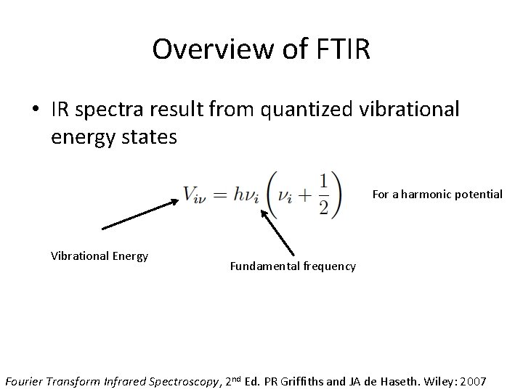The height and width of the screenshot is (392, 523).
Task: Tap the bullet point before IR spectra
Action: (x=35, y=110)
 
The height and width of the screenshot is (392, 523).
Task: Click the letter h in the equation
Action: (x=240, y=194)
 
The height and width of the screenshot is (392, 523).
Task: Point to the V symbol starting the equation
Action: (x=190, y=195)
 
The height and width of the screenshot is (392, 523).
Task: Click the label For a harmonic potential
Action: (x=437, y=195)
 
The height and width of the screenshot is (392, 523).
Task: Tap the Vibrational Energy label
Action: (x=100, y=256)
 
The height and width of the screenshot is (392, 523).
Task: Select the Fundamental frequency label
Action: (x=293, y=266)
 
